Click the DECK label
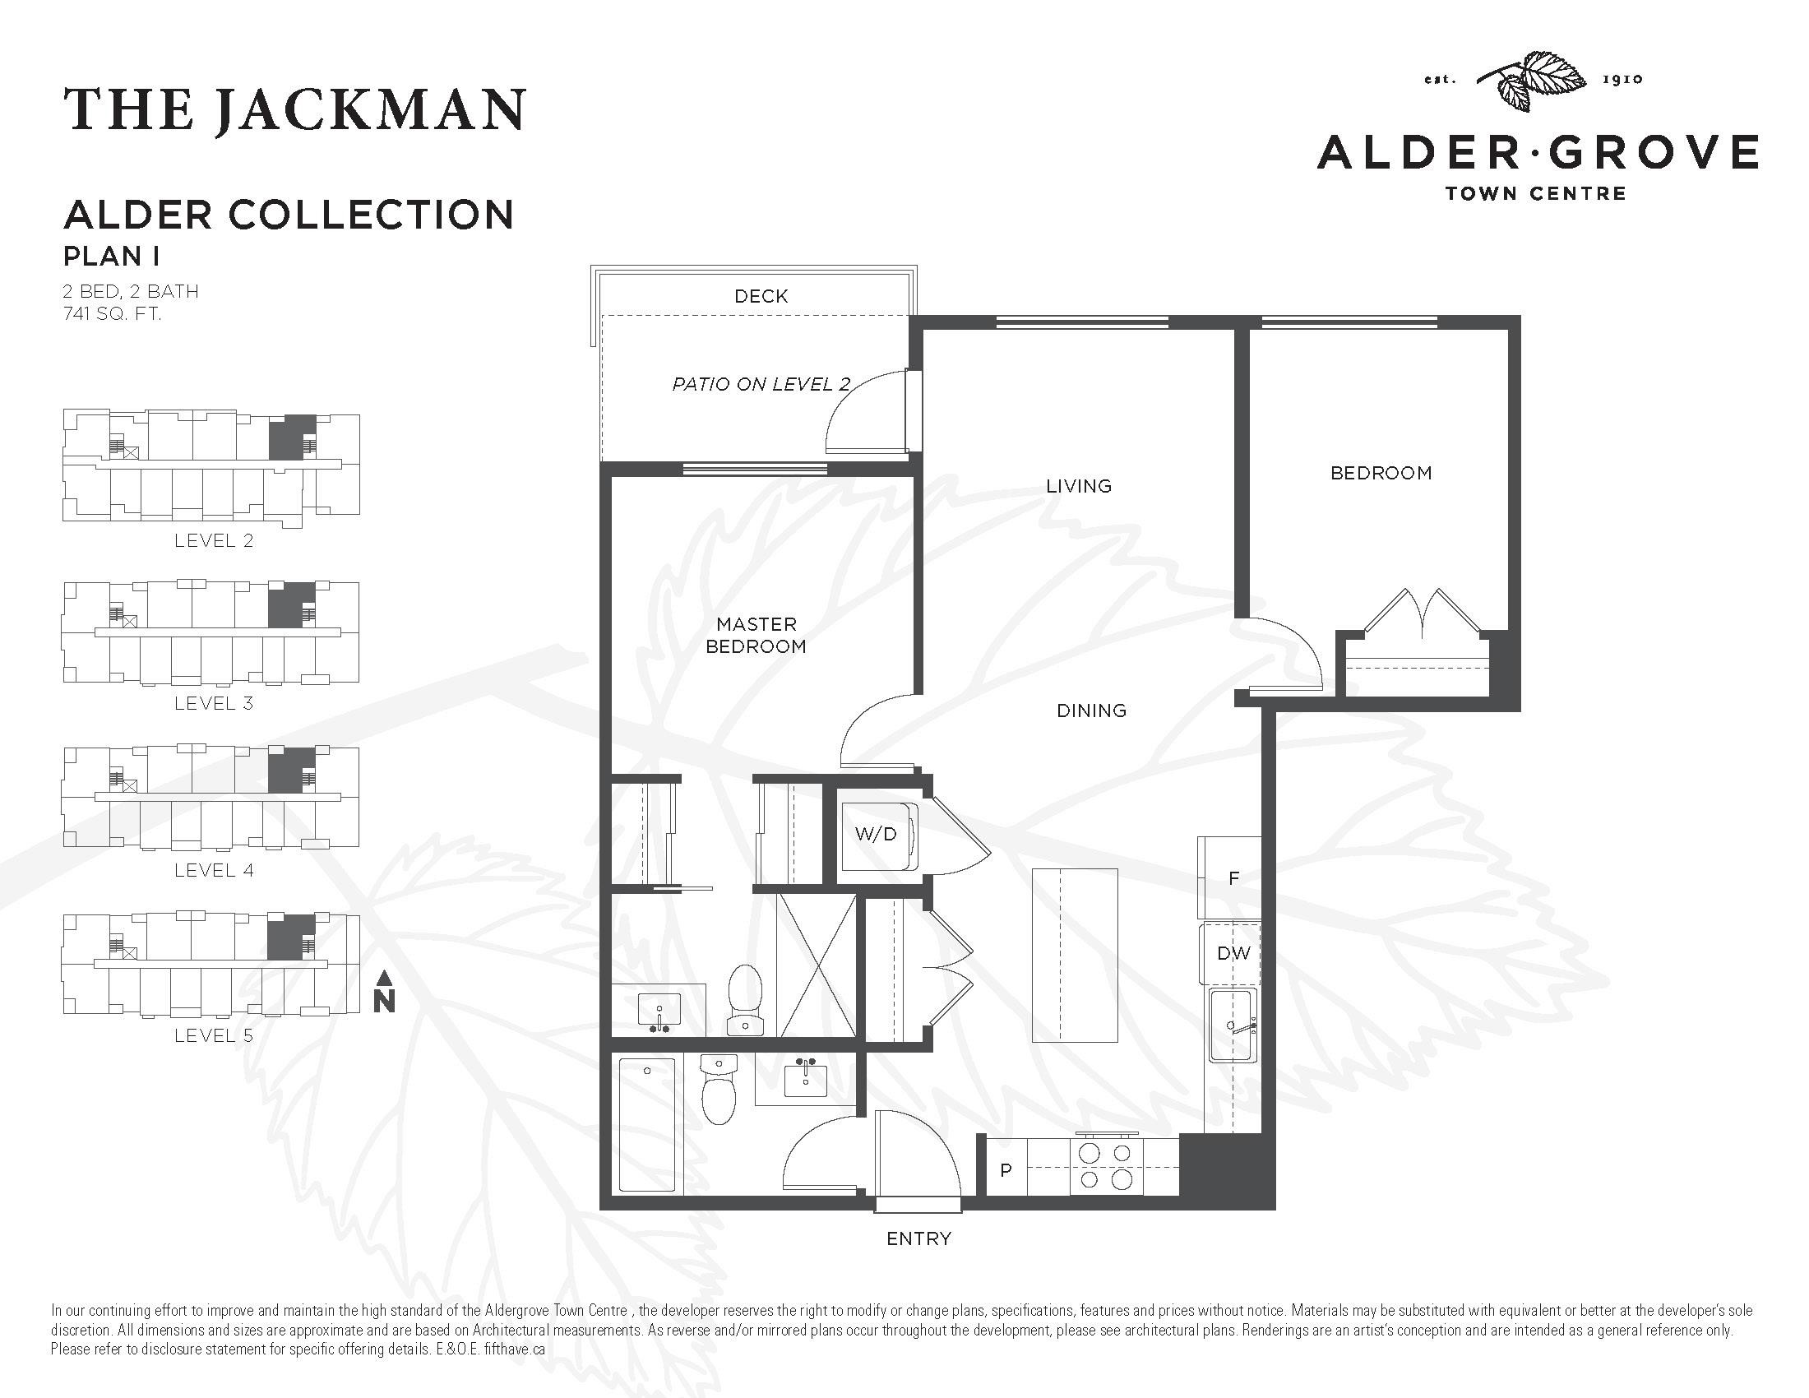click(761, 296)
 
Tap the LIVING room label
click(1078, 486)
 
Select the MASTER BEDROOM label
click(756, 635)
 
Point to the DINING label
click(1091, 711)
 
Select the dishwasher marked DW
click(1233, 953)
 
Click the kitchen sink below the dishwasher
click(1232, 1025)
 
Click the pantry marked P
click(1006, 1170)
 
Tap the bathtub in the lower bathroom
click(647, 1126)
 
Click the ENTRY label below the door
click(918, 1238)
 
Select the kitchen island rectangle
click(1075, 955)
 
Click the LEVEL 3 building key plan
click(211, 632)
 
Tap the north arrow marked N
click(383, 994)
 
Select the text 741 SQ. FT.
click(112, 314)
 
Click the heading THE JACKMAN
click(294, 110)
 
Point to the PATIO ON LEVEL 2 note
click(761, 384)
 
